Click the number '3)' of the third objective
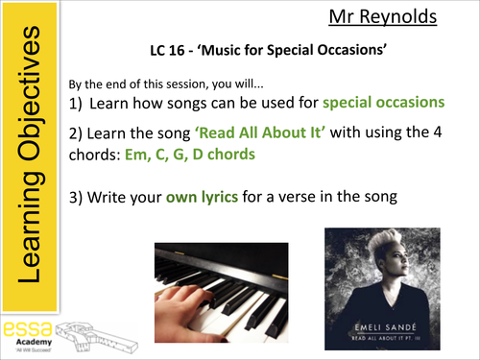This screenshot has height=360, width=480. (x=81, y=199)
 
